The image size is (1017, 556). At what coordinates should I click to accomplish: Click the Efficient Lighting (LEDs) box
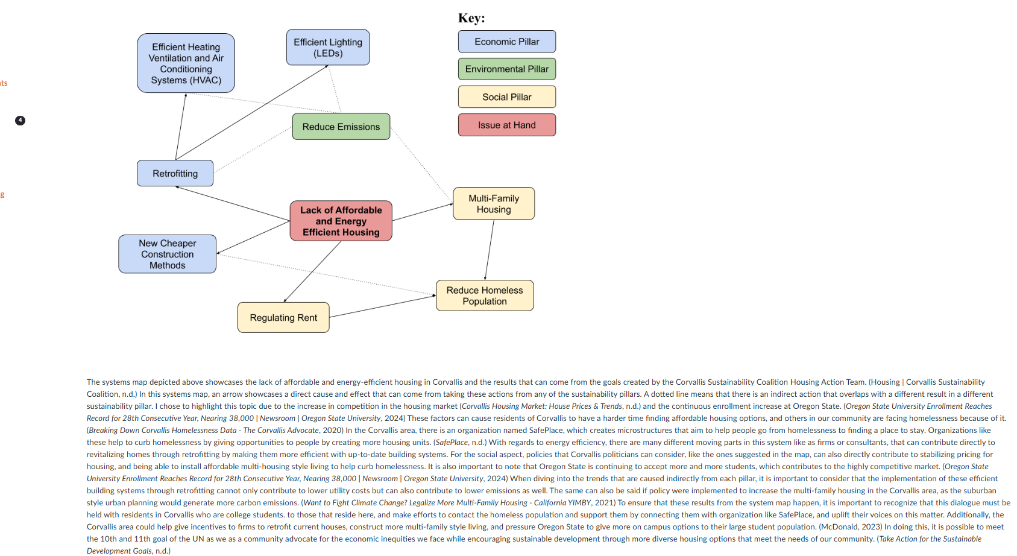coord(328,48)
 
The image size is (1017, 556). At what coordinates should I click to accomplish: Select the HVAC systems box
coord(186,63)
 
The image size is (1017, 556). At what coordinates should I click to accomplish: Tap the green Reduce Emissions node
coord(341,127)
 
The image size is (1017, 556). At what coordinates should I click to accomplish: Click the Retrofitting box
coord(175,174)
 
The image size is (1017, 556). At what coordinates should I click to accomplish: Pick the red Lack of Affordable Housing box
coord(341,221)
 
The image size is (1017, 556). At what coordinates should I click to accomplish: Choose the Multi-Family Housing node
coord(494,204)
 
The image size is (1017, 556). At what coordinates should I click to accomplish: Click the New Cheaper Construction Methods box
coord(168,254)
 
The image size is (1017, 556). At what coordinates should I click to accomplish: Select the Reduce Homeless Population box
coord(485,295)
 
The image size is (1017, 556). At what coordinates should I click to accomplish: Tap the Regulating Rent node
coord(283,318)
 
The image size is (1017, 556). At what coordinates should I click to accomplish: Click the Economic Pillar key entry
coord(507,42)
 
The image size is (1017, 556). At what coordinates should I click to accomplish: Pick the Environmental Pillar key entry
coord(507,69)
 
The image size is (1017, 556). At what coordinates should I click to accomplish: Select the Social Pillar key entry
coord(507,97)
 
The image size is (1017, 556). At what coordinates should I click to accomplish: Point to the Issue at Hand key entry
coord(507,125)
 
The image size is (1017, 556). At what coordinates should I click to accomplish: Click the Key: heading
coord(471,18)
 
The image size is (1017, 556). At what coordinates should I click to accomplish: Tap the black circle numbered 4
coord(20,121)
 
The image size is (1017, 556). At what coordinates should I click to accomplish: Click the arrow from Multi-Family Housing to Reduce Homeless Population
coord(490,250)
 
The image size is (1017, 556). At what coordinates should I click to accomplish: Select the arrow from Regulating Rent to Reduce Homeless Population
coord(382,306)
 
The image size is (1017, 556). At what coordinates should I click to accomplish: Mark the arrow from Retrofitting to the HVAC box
coord(181,127)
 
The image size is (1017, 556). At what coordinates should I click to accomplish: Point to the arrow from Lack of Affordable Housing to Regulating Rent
coord(312,271)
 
